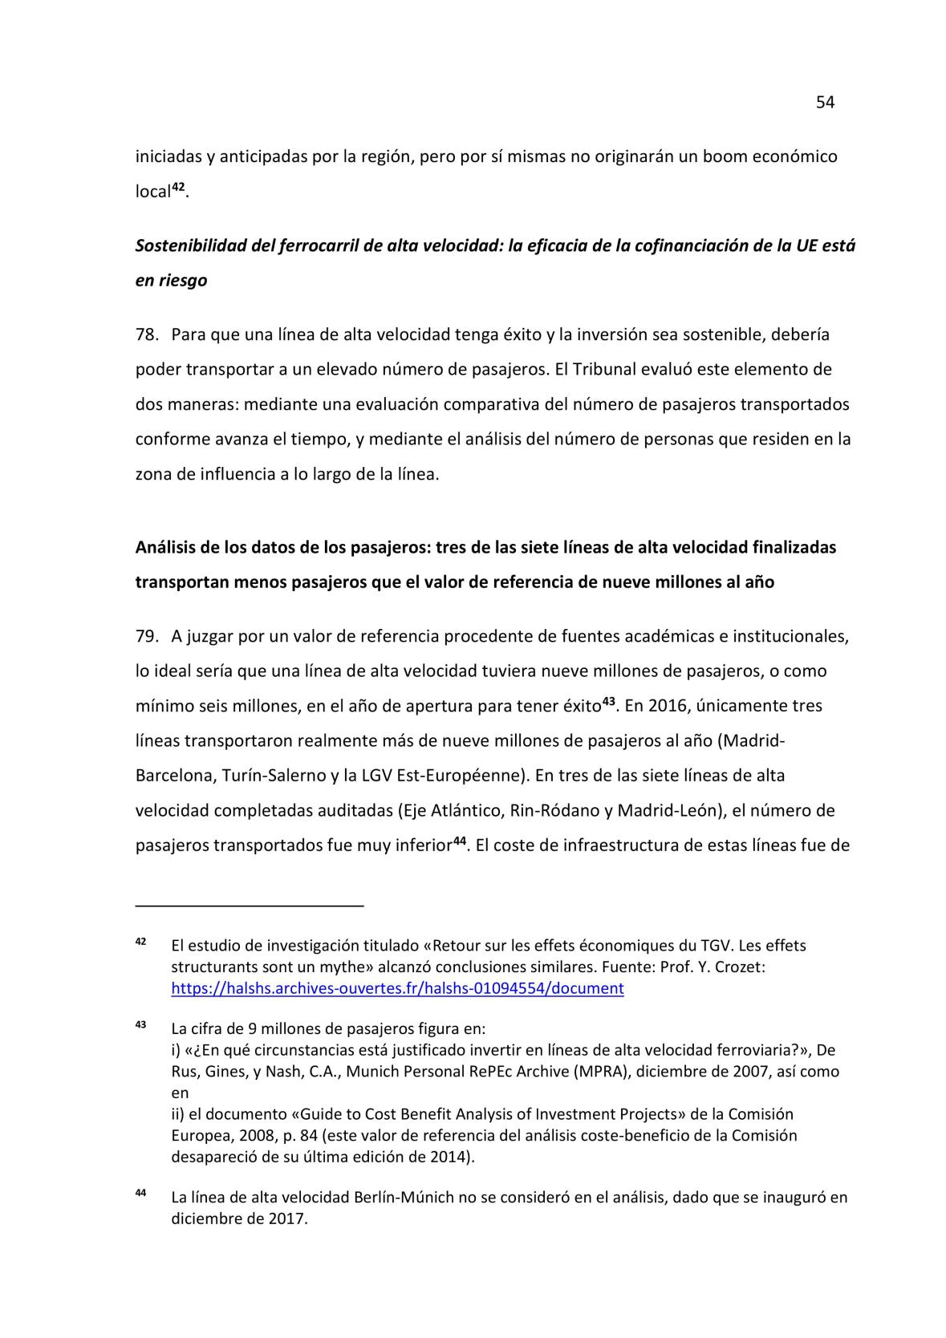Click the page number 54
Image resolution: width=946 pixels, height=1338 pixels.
click(825, 102)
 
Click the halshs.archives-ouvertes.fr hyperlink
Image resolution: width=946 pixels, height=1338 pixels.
click(397, 988)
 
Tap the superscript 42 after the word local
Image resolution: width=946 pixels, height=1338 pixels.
click(179, 187)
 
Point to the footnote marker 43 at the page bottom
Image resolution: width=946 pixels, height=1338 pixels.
click(140, 1024)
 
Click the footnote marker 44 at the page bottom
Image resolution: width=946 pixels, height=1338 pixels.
click(140, 1194)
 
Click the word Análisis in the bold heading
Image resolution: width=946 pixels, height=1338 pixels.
click(164, 547)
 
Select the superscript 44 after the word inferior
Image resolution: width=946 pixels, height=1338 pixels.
click(460, 841)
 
